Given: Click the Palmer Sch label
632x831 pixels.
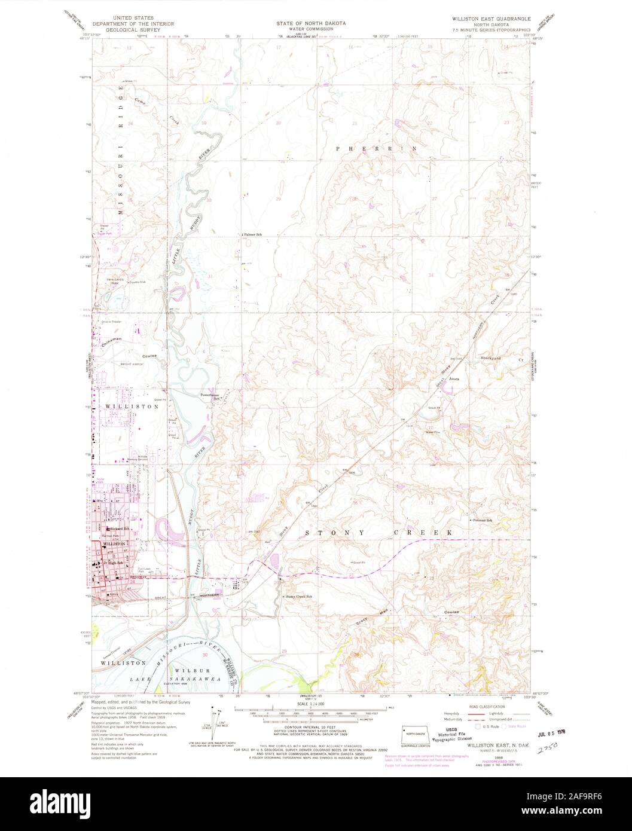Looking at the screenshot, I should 253,234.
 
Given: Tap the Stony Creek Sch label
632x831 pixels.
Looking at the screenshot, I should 298,597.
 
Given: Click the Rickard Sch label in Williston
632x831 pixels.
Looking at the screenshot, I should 119,529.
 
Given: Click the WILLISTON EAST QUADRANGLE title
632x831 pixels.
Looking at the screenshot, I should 490,20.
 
